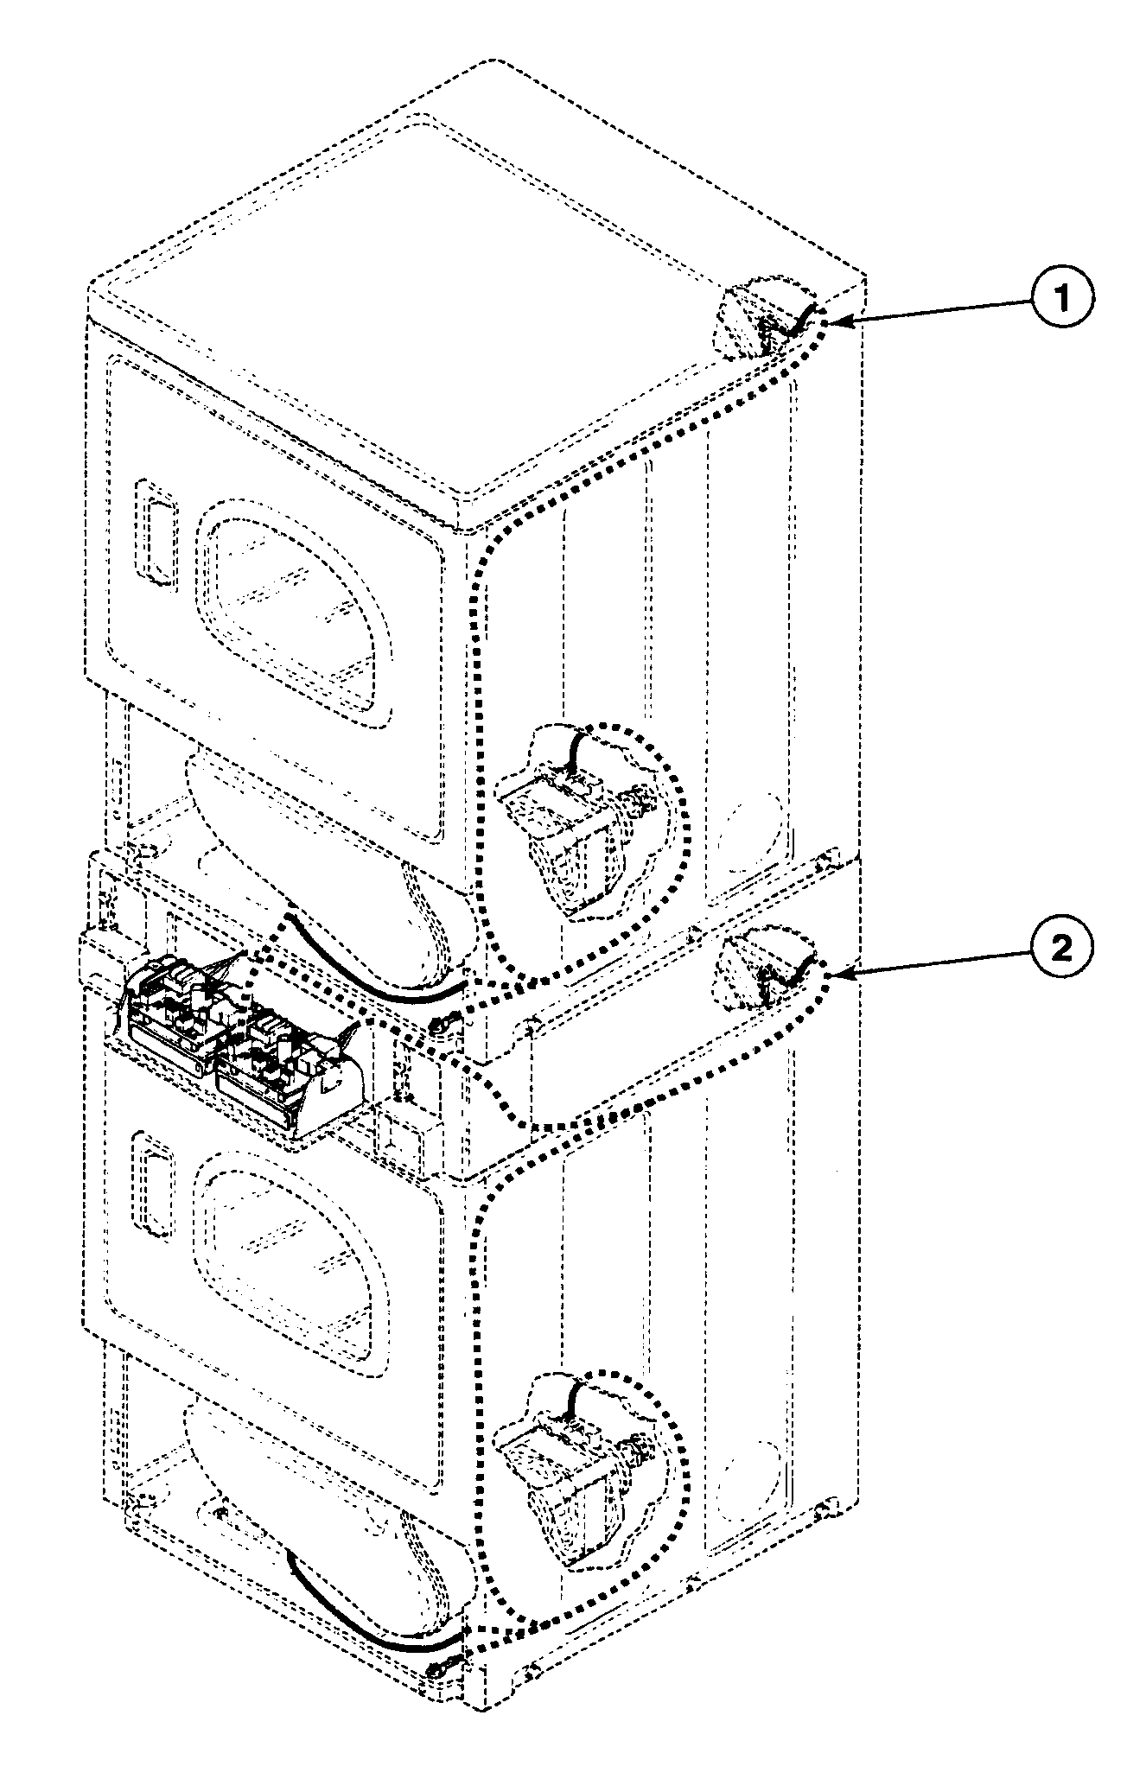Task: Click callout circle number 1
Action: tap(1061, 298)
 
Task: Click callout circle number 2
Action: tap(1061, 950)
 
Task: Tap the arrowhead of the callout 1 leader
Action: tap(844, 322)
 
